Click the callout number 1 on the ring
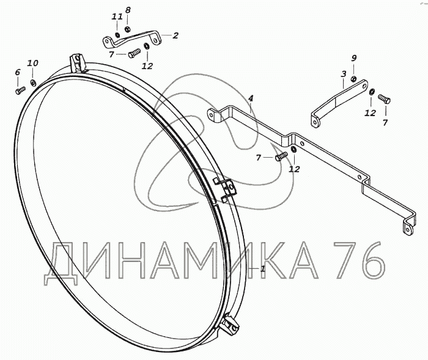(x=262, y=268)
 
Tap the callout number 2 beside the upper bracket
(x=175, y=35)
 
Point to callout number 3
(x=344, y=74)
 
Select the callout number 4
(x=251, y=98)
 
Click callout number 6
(x=18, y=72)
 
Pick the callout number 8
(x=128, y=10)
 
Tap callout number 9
(x=353, y=58)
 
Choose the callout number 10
(x=32, y=63)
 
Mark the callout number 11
(x=117, y=17)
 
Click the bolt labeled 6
(x=20, y=90)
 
